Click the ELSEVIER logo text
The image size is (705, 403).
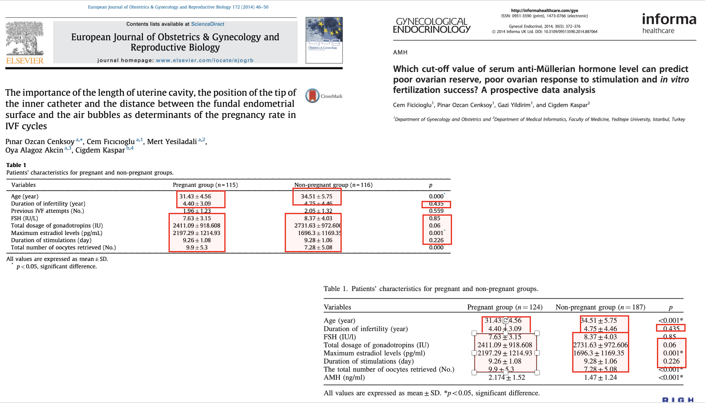tap(25, 60)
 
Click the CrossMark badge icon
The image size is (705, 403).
tap(312, 96)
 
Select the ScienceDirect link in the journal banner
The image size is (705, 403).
tap(208, 24)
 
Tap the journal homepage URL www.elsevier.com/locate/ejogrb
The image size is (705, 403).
tap(205, 60)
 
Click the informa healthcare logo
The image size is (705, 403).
tap(669, 23)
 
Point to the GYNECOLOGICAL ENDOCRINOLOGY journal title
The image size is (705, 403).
tap(432, 26)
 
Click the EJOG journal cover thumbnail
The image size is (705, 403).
tap(324, 40)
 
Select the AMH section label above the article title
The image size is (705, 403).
tap(400, 52)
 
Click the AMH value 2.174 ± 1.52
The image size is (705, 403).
tap(507, 377)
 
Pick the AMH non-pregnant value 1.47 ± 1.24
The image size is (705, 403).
tap(601, 377)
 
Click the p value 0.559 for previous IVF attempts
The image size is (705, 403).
tap(436, 211)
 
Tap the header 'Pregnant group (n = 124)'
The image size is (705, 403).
tap(505, 307)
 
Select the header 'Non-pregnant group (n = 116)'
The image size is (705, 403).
tap(333, 185)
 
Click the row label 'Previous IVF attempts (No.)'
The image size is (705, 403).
tap(47, 211)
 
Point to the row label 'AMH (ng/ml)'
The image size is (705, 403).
tap(344, 377)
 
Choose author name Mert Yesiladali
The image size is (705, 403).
tap(172, 142)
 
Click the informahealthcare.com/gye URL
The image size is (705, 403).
tap(544, 10)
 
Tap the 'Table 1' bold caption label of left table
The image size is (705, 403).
tap(16, 165)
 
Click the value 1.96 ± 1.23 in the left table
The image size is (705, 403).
tap(197, 211)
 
